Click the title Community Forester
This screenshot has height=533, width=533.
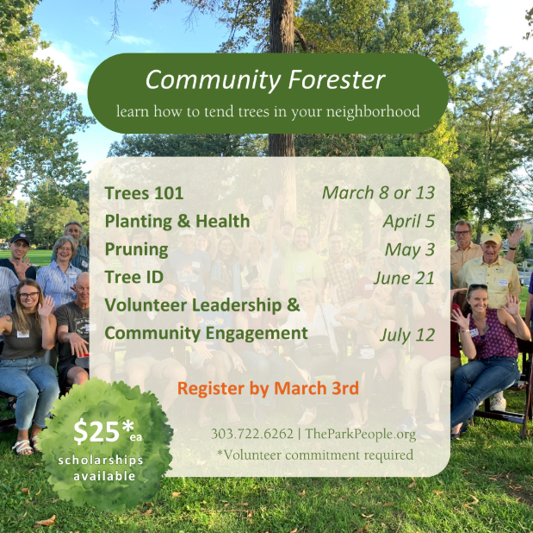265,80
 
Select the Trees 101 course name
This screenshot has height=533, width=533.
144,193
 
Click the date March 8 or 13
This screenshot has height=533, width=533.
378,193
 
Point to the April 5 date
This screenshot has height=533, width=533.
409,222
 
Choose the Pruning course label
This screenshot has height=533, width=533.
137,249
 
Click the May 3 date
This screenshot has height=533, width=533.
410,249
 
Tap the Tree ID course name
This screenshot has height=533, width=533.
134,277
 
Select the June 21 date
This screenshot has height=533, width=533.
404,278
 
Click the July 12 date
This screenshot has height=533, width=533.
407,335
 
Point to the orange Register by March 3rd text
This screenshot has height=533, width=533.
268,388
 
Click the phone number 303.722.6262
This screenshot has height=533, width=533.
252,434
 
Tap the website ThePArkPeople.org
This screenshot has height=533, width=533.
360,434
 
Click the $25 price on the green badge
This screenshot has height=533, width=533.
96,431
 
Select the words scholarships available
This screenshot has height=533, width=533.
101,468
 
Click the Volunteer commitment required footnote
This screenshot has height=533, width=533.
315,455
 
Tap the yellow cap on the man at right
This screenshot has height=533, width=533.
491,237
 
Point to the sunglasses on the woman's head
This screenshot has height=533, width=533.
479,286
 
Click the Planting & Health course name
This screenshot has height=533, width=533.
177,222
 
